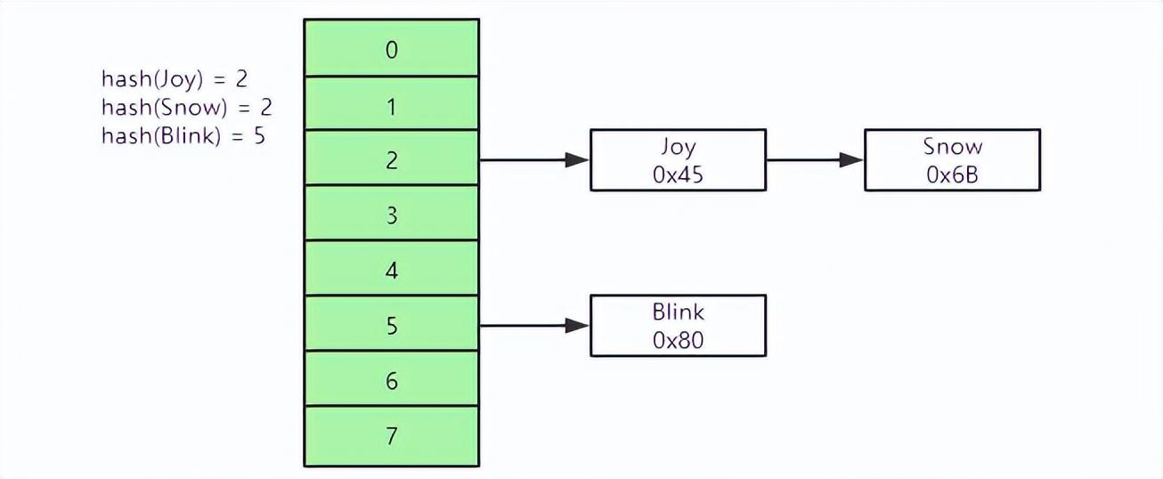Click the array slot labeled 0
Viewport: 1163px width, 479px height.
tap(391, 49)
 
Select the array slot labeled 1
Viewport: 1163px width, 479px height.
tap(391, 104)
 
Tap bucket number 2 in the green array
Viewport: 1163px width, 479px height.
tap(391, 159)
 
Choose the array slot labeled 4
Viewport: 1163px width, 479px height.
tap(391, 269)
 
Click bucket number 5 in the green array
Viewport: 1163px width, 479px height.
tap(391, 325)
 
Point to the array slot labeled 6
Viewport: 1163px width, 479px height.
tap(391, 380)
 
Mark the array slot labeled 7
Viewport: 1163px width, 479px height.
tap(391, 435)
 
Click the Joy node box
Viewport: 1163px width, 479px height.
tap(678, 160)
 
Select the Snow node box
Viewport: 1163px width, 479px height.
tap(952, 160)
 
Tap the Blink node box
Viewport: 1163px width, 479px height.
tap(678, 326)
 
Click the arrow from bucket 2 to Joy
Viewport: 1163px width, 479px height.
tap(534, 161)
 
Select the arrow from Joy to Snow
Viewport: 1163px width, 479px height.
tap(814, 161)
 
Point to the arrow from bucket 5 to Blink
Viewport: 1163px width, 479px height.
tap(534, 326)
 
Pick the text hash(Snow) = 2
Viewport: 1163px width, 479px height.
tap(186, 108)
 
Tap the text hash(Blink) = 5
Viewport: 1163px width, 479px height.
tap(183, 137)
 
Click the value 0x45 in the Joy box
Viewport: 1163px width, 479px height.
tap(678, 175)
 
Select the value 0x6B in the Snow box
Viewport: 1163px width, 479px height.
tap(952, 175)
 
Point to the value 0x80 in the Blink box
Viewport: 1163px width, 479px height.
tap(678, 341)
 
